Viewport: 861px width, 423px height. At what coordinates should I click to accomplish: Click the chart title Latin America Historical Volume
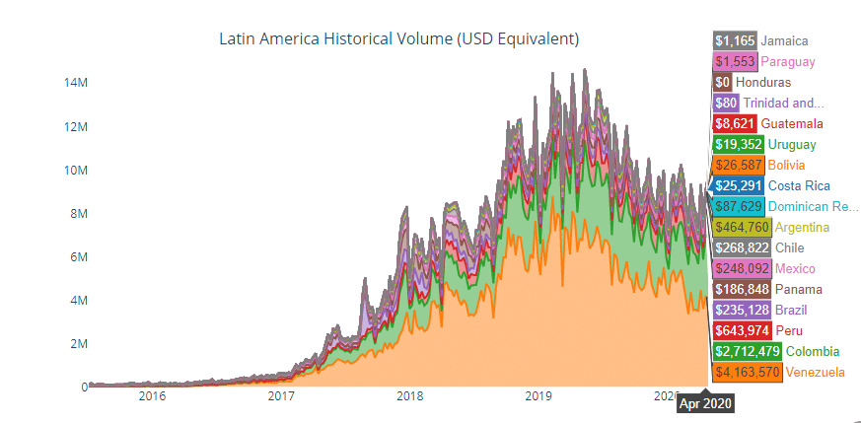coord(397,39)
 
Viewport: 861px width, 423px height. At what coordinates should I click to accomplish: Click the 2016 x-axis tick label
coord(152,396)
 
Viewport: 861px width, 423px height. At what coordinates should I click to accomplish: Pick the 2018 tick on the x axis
coord(409,396)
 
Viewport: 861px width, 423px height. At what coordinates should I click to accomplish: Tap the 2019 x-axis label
coord(538,396)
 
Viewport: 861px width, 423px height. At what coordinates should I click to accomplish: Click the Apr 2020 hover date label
coord(705,402)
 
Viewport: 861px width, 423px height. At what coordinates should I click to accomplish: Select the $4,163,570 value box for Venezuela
coord(749,373)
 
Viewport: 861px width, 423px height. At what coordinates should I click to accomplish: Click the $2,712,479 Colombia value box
coord(749,352)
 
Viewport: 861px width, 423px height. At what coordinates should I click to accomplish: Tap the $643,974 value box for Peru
coord(742,331)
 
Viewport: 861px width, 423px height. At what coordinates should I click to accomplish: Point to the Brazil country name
coord(792,311)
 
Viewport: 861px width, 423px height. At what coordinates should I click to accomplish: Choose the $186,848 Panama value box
coord(742,290)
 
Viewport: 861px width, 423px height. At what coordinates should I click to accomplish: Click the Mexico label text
coord(795,269)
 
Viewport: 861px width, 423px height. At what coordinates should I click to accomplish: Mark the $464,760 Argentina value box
coord(742,228)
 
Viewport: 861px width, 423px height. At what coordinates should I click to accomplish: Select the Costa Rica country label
coord(799,185)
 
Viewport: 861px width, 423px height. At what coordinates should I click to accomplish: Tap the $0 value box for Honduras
coord(722,82)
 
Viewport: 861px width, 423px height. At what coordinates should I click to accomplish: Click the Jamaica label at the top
coord(785,40)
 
